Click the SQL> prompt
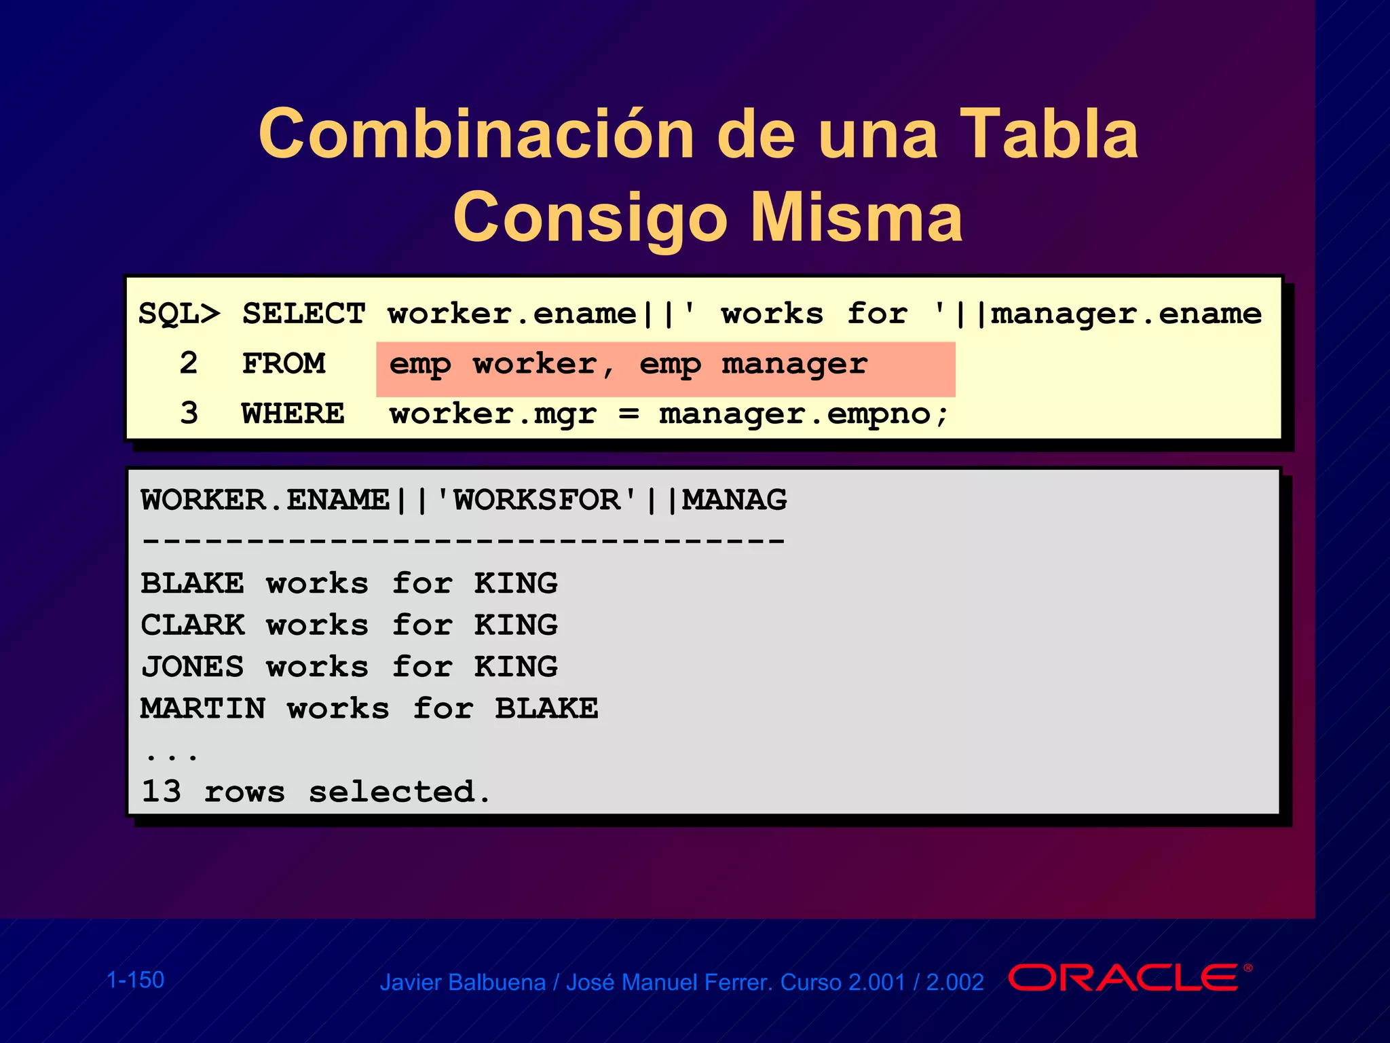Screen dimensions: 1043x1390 tap(179, 314)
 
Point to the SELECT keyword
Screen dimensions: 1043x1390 tap(303, 314)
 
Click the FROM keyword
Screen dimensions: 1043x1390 tap(284, 364)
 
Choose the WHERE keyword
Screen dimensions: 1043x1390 tap(293, 414)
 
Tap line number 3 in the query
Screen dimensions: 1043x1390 tap(189, 414)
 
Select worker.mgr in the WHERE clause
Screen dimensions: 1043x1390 tap(493, 414)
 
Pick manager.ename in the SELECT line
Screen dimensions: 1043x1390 tap(1126, 314)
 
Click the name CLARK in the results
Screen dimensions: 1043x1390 tap(192, 625)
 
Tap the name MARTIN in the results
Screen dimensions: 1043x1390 tap(202, 709)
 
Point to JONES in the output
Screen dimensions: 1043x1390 tap(192, 667)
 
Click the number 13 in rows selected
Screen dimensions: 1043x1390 tap(161, 792)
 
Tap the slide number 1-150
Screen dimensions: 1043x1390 tap(135, 980)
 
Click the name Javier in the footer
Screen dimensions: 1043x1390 tap(411, 983)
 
